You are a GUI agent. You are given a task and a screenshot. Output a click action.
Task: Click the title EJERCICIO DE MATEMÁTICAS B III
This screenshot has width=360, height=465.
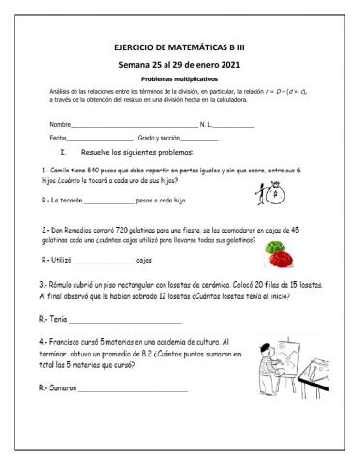point(180,46)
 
